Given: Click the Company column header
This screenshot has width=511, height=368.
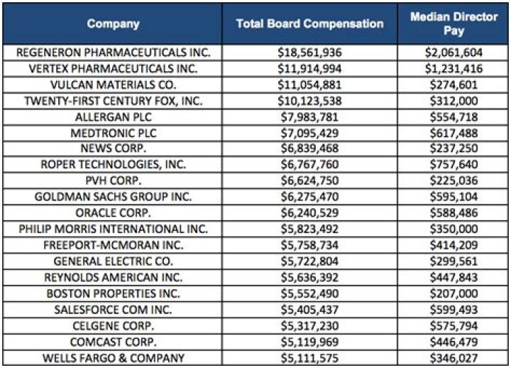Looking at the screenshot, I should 114,23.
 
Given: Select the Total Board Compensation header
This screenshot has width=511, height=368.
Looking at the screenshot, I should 309,23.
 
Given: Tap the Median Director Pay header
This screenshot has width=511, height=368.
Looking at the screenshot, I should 454,23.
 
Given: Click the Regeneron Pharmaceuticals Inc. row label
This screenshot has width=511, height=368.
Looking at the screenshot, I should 114,53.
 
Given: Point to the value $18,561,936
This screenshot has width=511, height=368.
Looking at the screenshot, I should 309,53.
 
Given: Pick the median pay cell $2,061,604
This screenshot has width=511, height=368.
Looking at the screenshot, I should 454,53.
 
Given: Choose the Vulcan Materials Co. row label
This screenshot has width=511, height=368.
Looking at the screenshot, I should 114,85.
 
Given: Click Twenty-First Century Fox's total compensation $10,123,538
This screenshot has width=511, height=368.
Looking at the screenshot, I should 309,101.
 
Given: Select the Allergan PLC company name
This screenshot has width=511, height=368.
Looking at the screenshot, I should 114,117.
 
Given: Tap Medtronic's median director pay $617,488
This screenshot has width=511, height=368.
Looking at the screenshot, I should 454,133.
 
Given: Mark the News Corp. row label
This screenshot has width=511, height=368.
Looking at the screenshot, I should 114,148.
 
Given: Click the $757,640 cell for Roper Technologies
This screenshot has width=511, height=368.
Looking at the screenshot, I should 454,165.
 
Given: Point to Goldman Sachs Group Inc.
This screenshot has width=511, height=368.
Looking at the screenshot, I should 114,197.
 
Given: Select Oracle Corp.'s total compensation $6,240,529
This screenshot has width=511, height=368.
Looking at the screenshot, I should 309,212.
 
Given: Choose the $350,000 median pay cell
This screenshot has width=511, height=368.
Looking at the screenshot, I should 454,229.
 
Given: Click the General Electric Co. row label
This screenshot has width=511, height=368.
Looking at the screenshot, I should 114,261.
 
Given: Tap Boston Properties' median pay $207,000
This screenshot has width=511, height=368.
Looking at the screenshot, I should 454,293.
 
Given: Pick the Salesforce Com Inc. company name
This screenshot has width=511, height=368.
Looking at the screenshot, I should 114,309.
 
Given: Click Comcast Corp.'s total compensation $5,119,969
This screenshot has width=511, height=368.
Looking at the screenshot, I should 309,341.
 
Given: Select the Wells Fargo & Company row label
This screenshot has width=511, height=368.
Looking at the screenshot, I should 114,357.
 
